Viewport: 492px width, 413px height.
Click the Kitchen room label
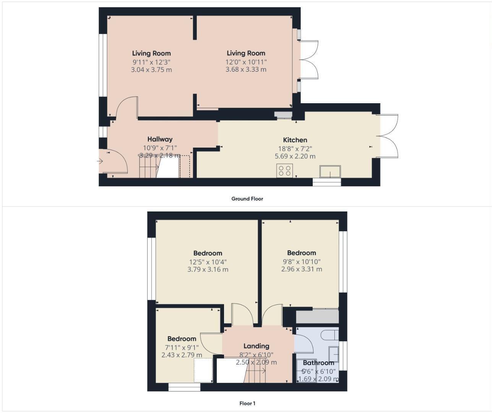point(295,140)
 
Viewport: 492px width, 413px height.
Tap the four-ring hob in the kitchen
point(285,170)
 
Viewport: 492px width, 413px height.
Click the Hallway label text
point(160,139)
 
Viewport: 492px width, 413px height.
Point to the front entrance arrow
point(100,161)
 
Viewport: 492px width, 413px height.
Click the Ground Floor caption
point(247,199)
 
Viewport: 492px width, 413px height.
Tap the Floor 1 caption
point(247,403)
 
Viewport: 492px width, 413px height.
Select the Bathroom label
point(318,363)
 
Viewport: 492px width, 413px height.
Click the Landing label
point(256,346)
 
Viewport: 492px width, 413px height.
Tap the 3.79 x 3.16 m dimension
point(208,269)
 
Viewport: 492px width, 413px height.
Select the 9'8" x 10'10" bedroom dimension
point(301,262)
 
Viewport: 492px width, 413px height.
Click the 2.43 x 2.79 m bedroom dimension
point(182,355)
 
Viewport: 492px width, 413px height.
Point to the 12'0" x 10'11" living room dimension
point(246,62)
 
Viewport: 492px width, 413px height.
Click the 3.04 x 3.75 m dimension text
point(151,70)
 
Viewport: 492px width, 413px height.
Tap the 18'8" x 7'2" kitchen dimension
point(295,148)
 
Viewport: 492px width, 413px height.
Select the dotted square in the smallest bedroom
point(203,370)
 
